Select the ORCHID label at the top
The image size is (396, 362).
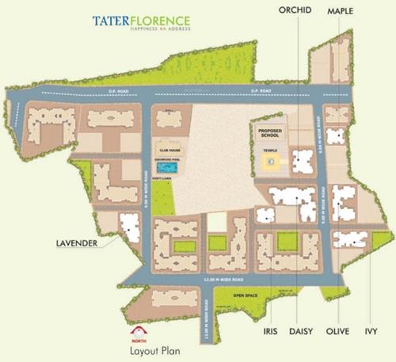(x=296, y=10)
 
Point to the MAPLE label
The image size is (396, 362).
(x=341, y=10)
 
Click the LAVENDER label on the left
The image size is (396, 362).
(x=77, y=243)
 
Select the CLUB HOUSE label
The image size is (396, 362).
(x=170, y=149)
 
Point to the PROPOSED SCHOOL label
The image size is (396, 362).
(x=270, y=132)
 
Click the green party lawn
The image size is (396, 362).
(x=171, y=185)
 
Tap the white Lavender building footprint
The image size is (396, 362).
(x=128, y=227)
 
